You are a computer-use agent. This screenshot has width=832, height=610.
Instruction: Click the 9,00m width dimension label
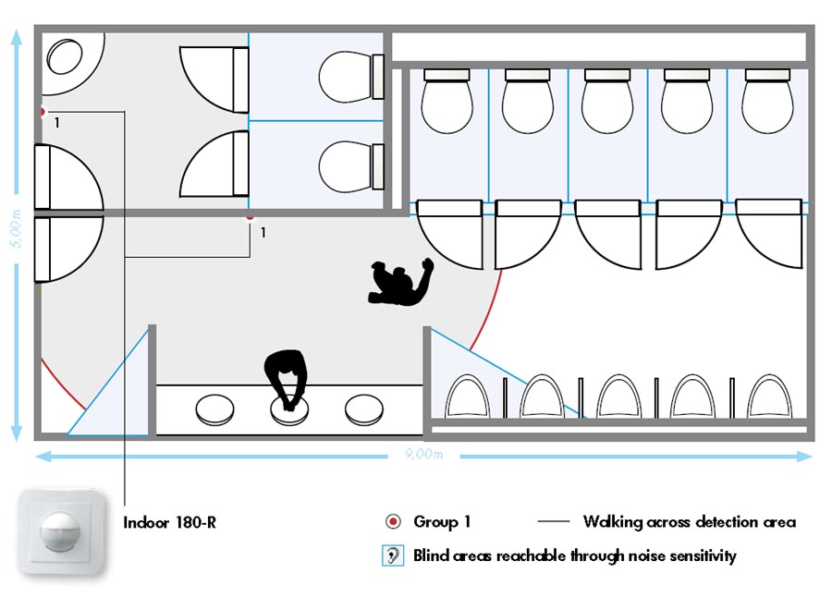[x=423, y=455]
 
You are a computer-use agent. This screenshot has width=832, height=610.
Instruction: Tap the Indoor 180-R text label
[x=170, y=523]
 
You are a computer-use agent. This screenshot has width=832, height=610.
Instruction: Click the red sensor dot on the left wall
[x=42, y=112]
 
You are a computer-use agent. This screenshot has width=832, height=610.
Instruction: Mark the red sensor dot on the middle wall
[x=249, y=218]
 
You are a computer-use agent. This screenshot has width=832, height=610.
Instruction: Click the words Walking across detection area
[x=689, y=522]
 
